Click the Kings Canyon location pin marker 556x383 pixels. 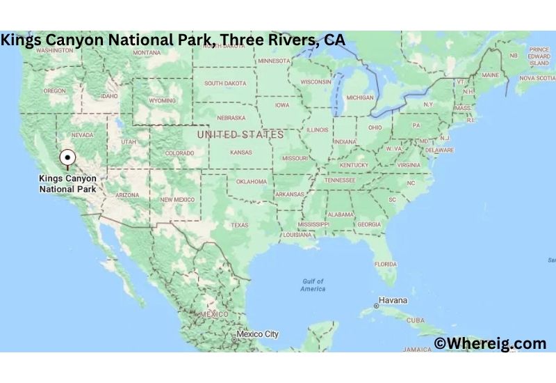point(67,157)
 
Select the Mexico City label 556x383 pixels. point(257,334)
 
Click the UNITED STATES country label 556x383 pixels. point(240,134)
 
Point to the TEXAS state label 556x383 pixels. point(239,225)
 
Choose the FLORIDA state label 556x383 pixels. point(386,264)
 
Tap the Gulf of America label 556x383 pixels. point(313,285)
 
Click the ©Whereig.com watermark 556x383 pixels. point(490,343)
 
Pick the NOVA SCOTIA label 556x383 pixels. point(537,78)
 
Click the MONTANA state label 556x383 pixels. point(147,53)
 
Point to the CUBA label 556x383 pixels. point(415,320)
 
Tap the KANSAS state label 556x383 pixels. point(240,152)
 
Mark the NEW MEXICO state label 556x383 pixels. point(177,199)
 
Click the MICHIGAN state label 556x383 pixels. point(359,97)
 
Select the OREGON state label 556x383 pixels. point(54,91)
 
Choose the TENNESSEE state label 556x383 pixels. point(340,180)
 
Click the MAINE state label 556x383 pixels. point(490,75)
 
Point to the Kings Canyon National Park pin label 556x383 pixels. point(67,183)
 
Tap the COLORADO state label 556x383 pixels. point(179,153)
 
